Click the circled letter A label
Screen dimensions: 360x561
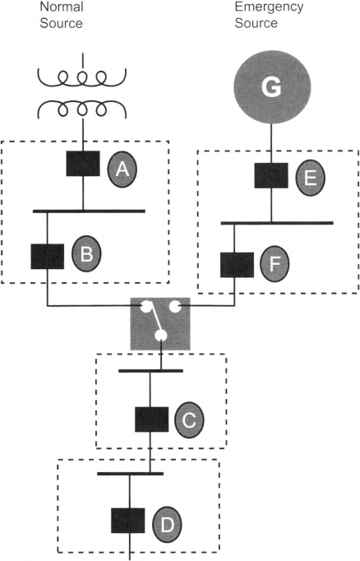[122, 169]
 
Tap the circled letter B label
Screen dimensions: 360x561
[86, 253]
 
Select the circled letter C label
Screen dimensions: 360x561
[189, 420]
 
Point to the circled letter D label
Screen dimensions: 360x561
[167, 524]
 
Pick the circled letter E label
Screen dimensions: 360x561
[311, 178]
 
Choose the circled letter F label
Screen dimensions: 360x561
[275, 264]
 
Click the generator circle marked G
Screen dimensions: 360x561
[272, 87]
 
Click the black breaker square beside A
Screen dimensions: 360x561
[83, 164]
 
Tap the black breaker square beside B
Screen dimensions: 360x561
[48, 257]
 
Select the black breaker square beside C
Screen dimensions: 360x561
[151, 420]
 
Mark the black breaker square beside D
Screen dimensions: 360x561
[128, 521]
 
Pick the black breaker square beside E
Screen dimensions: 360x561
[271, 175]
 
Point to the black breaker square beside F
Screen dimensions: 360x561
[237, 265]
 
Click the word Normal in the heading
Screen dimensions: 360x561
[62, 7]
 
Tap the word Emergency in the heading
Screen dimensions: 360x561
[269, 7]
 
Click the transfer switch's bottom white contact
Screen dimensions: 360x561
[161, 336]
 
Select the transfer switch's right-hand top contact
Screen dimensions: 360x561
[175, 307]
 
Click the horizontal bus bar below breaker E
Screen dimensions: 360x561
[277, 223]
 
